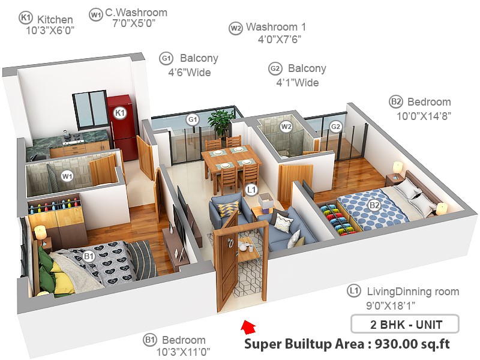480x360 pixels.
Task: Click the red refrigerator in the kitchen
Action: (123, 127)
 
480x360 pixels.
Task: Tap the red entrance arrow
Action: (248, 328)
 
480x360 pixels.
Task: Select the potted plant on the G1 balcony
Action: (220, 122)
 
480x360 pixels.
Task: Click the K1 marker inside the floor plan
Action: (119, 113)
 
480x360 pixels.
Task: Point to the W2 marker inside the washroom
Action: (286, 127)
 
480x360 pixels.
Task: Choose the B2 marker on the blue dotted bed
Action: (374, 205)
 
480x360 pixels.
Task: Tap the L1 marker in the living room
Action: (251, 190)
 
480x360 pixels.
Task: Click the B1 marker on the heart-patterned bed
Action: (88, 256)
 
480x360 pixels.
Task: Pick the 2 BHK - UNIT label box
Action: (404, 324)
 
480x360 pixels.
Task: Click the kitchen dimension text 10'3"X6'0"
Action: (50, 31)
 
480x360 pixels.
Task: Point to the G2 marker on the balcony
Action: (335, 127)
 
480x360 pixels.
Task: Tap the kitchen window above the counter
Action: (89, 109)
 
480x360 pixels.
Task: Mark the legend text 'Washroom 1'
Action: (276, 27)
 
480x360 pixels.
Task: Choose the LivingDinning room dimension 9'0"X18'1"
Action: (391, 305)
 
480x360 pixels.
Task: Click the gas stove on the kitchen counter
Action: (73, 139)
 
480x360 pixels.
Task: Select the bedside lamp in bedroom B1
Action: (40, 235)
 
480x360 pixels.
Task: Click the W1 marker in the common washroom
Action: (67, 176)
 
